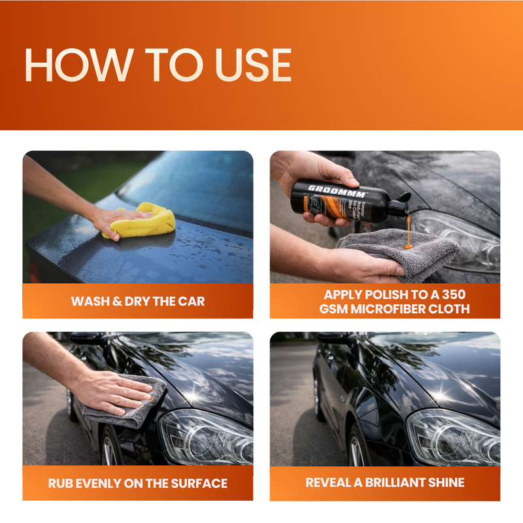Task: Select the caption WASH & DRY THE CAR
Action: (x=138, y=301)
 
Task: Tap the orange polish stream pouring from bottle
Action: (x=409, y=231)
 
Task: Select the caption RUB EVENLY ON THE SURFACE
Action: (x=138, y=484)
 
